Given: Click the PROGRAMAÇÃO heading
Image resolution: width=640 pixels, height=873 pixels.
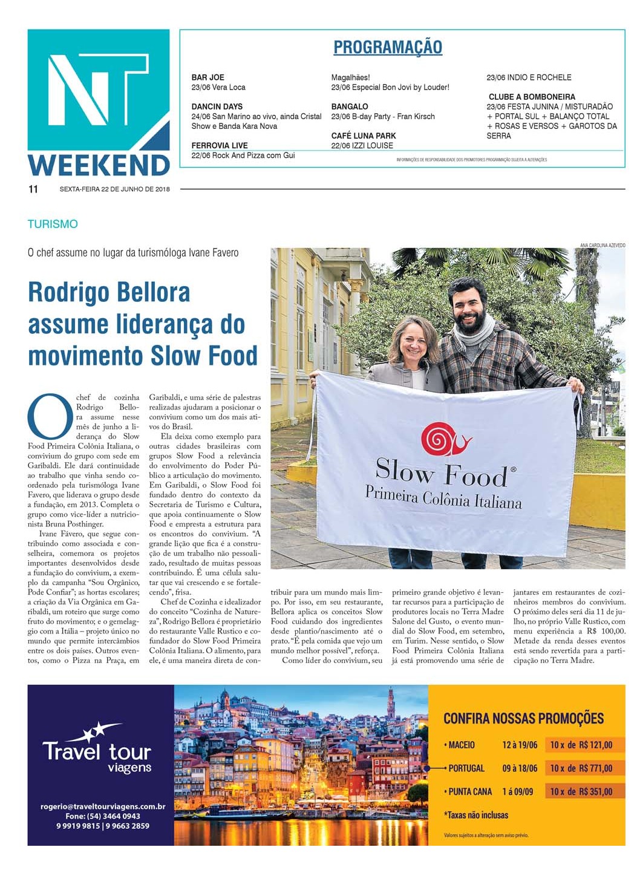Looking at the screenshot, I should (x=388, y=47).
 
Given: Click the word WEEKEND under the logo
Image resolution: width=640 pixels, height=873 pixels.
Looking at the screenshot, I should (x=99, y=165).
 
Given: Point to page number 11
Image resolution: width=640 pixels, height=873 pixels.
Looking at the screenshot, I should (x=33, y=189).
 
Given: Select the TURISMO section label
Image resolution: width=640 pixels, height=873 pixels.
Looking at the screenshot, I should (x=53, y=224).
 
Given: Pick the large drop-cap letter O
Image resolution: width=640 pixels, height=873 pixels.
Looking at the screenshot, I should (x=50, y=416).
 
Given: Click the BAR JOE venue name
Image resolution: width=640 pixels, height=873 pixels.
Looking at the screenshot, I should (x=207, y=77).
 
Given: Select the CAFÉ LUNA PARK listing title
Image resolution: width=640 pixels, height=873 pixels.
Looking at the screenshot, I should (x=364, y=136).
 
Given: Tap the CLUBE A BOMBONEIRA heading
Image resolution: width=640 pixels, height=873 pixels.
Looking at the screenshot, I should (x=532, y=97).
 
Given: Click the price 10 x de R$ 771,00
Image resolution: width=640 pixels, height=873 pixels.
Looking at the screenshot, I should (x=581, y=768).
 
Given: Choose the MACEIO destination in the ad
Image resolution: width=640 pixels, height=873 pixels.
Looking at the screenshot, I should (x=461, y=745).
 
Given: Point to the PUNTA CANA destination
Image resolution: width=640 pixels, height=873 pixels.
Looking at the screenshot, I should (x=469, y=791).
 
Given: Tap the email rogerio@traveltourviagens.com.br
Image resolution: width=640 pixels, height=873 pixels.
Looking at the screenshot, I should (x=103, y=806).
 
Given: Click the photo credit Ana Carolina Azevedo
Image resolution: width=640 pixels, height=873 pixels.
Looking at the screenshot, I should (x=602, y=245).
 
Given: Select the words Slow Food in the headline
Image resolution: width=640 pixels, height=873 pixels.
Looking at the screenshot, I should (x=204, y=356).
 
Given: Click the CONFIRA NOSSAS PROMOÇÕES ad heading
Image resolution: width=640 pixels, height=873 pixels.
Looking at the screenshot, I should (x=523, y=719).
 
